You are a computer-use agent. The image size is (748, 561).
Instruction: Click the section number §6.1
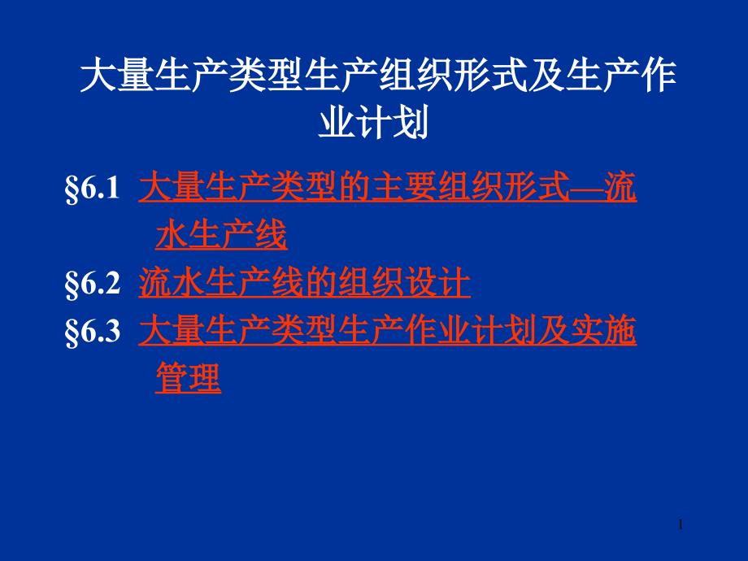pos(92,188)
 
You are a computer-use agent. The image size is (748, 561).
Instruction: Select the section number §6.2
pos(92,283)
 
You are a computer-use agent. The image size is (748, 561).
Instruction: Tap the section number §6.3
pos(92,331)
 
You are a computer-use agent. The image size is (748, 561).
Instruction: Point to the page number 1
pos(681,524)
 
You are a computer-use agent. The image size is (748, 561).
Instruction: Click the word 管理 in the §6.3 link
pos(189,377)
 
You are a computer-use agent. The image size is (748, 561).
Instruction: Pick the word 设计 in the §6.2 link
pos(437,283)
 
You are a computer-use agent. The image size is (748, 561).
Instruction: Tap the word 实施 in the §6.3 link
pos(603,331)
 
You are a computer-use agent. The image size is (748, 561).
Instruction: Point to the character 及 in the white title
pos(546,75)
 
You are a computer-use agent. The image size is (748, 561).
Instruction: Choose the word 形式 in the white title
pos(490,75)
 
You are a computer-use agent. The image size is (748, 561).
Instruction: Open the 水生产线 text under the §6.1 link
pos(221,234)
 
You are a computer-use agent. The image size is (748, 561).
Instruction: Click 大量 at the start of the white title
pos(117,75)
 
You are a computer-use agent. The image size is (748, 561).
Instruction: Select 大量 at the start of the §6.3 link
pos(172,331)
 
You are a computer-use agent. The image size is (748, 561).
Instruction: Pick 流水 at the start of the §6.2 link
pos(172,283)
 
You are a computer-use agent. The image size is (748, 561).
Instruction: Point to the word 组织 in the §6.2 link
pos(371,283)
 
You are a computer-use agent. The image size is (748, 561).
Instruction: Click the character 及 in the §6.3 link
pos(554,331)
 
